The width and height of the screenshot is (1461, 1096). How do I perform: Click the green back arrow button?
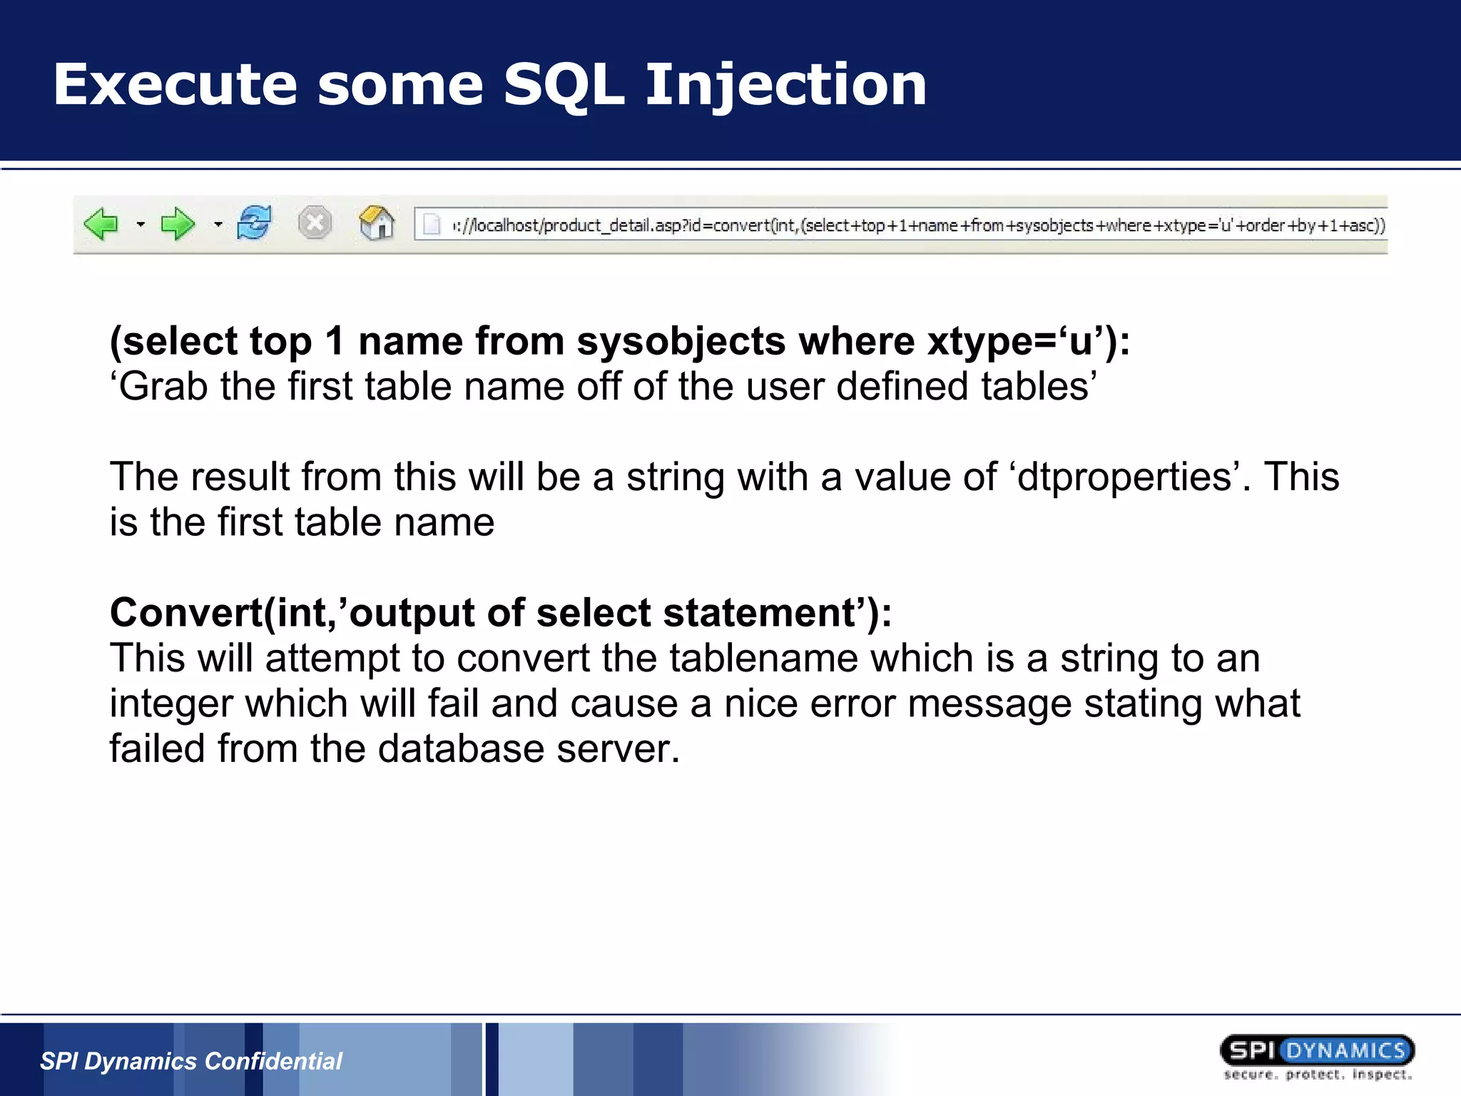click(x=101, y=224)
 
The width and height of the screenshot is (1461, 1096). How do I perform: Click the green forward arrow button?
click(x=177, y=224)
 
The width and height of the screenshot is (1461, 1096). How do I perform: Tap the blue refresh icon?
click(x=255, y=223)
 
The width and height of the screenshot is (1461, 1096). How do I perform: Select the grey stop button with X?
click(x=315, y=223)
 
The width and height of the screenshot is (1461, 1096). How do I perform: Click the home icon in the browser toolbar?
click(x=377, y=223)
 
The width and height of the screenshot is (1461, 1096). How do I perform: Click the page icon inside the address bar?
click(x=432, y=225)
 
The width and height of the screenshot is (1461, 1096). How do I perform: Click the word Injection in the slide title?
click(x=785, y=86)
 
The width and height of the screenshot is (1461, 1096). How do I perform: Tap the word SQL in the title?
click(x=564, y=86)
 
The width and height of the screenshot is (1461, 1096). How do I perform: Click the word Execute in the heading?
click(x=175, y=86)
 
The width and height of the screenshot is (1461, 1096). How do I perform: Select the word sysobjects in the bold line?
click(x=681, y=341)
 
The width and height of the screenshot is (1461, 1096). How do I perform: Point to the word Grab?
click(x=162, y=387)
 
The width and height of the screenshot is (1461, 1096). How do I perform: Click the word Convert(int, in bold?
click(x=223, y=613)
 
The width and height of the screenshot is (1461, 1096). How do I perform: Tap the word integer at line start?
click(x=171, y=704)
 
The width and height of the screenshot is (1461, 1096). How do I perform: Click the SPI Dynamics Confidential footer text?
click(x=191, y=1061)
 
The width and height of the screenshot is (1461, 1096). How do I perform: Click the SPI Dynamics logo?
click(x=1317, y=1050)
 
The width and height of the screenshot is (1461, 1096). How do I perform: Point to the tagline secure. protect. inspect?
click(x=1317, y=1075)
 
